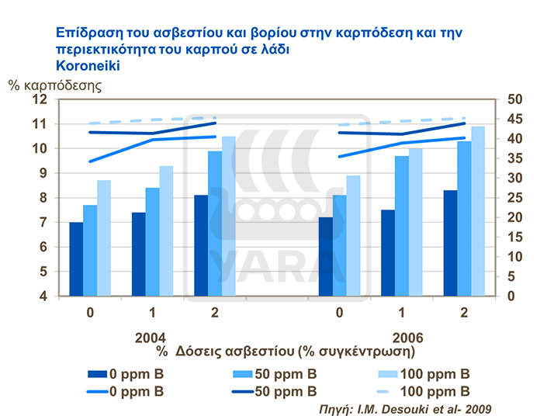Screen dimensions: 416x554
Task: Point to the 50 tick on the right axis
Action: tap(517, 99)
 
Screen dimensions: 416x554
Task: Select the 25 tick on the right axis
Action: tap(517, 198)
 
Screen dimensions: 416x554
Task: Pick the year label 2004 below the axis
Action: tap(151, 340)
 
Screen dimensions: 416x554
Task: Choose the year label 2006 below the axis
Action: tap(401, 340)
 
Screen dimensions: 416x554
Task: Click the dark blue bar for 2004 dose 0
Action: tap(76, 258)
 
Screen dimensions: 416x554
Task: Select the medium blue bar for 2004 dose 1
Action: tap(152, 241)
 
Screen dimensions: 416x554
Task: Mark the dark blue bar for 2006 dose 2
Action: tap(450, 243)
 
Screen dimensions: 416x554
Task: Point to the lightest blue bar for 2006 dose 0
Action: tap(354, 235)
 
